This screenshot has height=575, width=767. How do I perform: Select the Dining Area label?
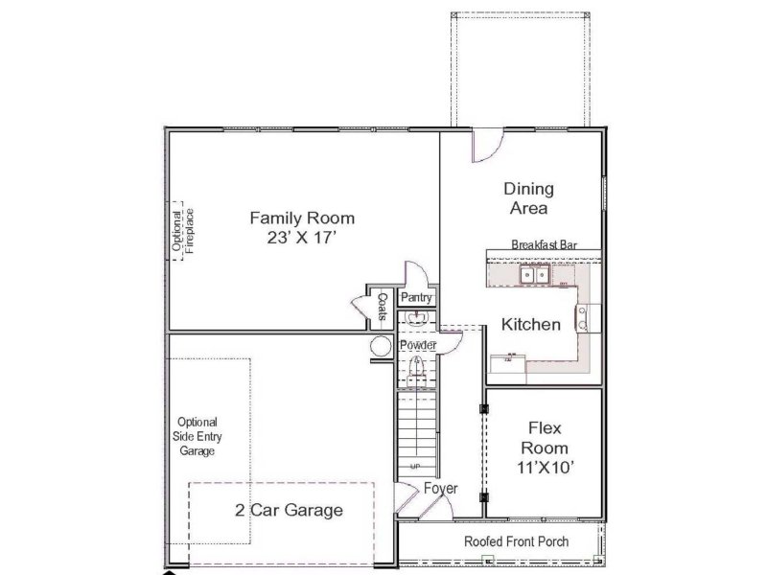click(528, 198)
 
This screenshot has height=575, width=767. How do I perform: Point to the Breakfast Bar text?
click(543, 244)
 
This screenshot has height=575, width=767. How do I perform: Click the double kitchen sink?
click(534, 275)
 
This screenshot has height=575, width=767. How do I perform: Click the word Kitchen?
click(531, 325)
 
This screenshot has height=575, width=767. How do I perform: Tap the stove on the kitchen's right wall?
click(582, 316)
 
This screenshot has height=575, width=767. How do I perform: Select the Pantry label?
click(416, 299)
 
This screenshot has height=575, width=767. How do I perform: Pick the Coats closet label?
click(382, 307)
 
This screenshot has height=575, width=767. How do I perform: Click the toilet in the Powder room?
click(416, 366)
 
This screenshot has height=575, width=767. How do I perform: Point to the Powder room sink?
click(415, 320)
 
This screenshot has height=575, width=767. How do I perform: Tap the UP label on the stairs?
click(415, 467)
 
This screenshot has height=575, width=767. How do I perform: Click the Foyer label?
click(441, 489)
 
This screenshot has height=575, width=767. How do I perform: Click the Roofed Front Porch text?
click(516, 541)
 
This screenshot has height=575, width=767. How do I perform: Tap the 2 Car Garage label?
click(289, 510)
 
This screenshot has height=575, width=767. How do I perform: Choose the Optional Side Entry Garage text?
click(197, 436)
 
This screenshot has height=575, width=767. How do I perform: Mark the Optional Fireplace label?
click(182, 230)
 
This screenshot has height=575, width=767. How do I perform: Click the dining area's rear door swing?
click(485, 146)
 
